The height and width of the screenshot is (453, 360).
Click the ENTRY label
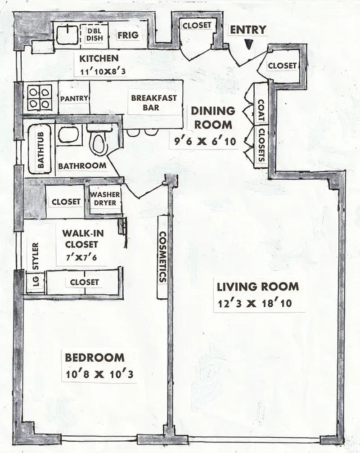[x=248, y=30]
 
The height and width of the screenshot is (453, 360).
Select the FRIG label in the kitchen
[x=128, y=35]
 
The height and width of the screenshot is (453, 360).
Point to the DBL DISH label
[x=95, y=35]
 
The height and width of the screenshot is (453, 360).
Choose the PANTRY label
[x=74, y=99]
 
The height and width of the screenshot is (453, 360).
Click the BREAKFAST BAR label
[x=154, y=103]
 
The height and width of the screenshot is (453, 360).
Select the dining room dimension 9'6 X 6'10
[x=205, y=141]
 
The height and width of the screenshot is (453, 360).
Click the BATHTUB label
[x=41, y=150]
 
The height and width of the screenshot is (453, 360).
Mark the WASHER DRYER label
[x=105, y=199]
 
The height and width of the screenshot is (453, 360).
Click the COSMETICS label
[x=162, y=256]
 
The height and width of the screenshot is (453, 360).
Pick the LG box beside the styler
[x=36, y=282]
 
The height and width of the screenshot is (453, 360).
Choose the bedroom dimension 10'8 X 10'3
[x=99, y=375]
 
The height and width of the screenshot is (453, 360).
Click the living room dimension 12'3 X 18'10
[x=255, y=304]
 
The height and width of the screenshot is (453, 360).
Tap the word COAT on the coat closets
[x=261, y=111]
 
